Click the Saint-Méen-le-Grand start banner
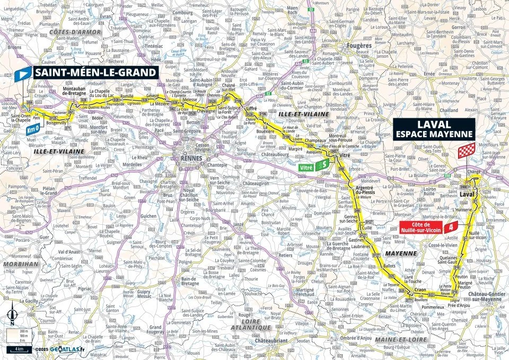tap(96, 73)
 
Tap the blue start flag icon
tap(24, 74)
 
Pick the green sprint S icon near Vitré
tap(322, 166)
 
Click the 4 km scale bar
tap(19, 349)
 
